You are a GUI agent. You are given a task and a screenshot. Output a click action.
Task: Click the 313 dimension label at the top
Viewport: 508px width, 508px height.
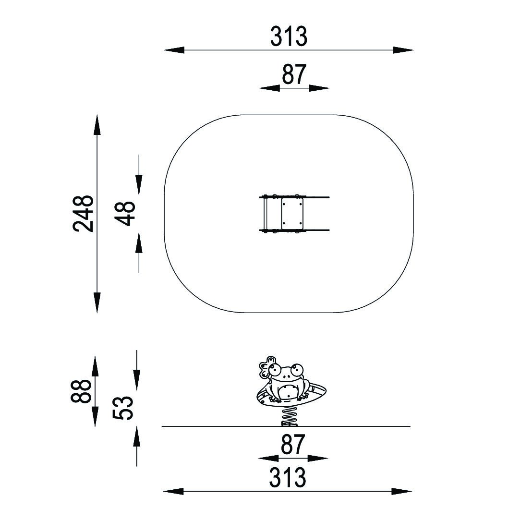point(289,36)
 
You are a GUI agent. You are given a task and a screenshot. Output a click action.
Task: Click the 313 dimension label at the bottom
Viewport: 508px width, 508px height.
point(287,477)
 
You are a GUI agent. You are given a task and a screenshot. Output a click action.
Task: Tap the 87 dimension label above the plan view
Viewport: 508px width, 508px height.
point(294,74)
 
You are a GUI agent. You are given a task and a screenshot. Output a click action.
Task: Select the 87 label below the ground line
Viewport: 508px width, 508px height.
point(293,444)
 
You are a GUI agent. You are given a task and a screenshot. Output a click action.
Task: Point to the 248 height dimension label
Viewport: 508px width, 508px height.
point(83,214)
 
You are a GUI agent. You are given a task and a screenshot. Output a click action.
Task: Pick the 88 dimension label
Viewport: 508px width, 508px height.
point(81,391)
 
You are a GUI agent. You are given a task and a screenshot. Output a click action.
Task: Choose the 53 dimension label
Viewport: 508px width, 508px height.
point(123,408)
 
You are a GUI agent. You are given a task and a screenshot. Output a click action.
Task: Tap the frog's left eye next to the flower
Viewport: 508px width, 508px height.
point(276,368)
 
